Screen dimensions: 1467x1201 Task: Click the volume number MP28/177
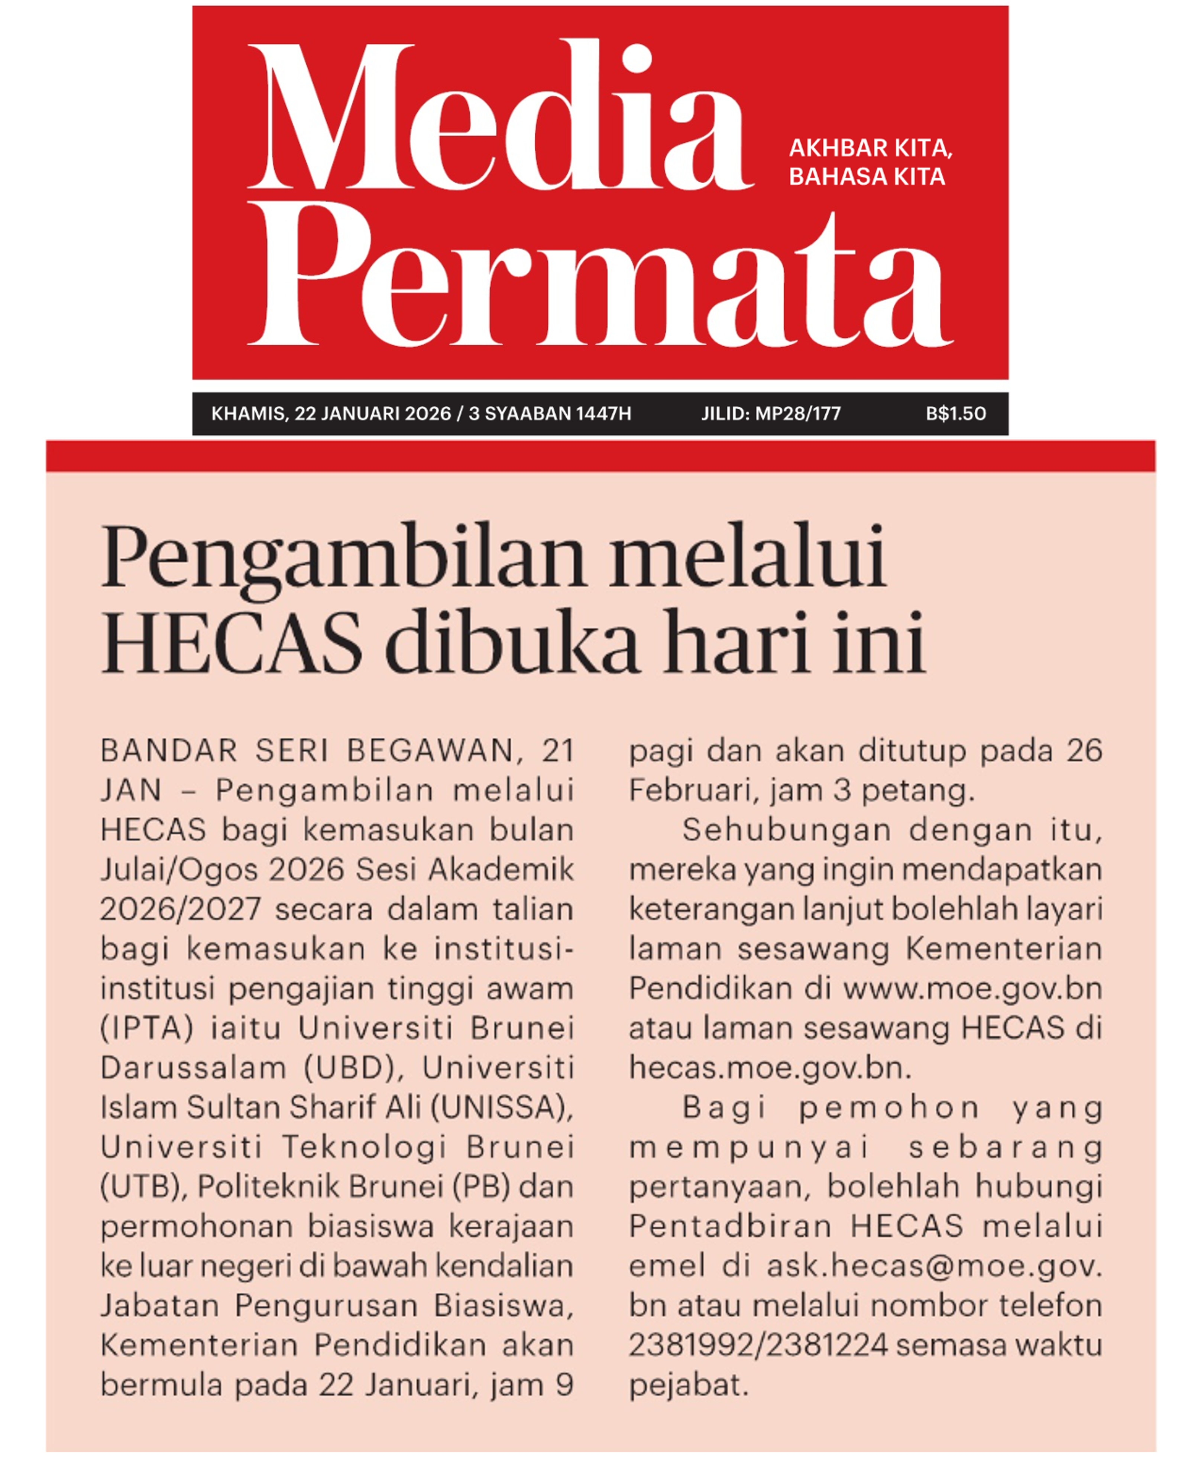tap(798, 413)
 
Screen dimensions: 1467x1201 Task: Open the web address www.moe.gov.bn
tap(972, 989)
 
